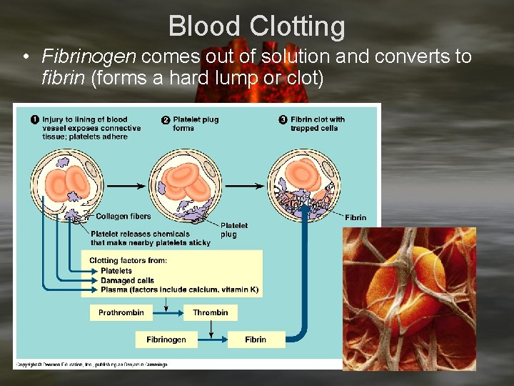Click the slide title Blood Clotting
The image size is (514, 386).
pyautogui.click(x=257, y=26)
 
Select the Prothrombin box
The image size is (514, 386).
pyautogui.click(x=121, y=312)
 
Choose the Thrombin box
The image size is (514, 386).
pyautogui.click(x=210, y=312)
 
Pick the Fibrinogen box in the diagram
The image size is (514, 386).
pyautogui.click(x=166, y=340)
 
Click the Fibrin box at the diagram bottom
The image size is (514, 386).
pyautogui.click(x=255, y=340)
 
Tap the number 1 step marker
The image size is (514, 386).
pyautogui.click(x=34, y=119)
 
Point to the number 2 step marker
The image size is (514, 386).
pyautogui.click(x=166, y=119)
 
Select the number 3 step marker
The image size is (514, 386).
pyautogui.click(x=283, y=119)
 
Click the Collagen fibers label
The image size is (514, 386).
pyautogui.click(x=124, y=217)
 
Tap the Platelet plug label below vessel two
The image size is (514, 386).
pyautogui.click(x=233, y=229)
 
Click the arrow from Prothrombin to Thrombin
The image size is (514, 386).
pyautogui.click(x=166, y=312)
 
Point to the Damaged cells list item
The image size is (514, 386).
pyautogui.click(x=127, y=281)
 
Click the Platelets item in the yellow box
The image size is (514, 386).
pyautogui.click(x=116, y=271)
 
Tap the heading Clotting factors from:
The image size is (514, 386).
pyautogui.click(x=128, y=261)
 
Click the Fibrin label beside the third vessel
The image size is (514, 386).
pyautogui.click(x=356, y=217)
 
